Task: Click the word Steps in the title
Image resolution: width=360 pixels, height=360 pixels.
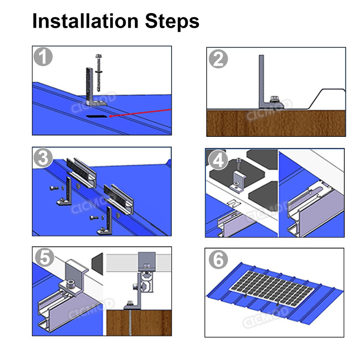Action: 172,22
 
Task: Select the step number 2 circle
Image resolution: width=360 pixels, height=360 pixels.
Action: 218,59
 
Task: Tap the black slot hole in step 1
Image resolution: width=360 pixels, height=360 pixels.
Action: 97,116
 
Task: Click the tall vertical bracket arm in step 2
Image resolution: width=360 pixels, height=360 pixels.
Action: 261,79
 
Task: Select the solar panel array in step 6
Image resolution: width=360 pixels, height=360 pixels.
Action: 272,284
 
